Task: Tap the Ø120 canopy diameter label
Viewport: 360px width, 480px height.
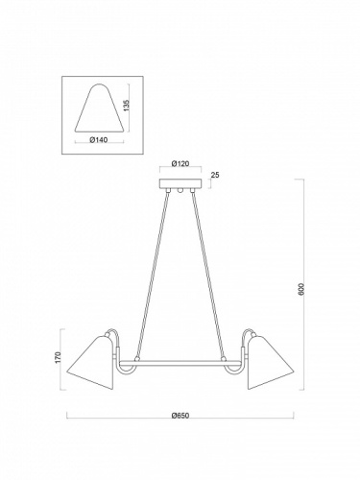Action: pos(179,163)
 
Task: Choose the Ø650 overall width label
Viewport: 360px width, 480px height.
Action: pos(179,415)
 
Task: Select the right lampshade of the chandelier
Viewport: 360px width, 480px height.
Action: pos(268,363)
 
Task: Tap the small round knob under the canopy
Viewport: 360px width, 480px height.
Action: pos(179,192)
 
